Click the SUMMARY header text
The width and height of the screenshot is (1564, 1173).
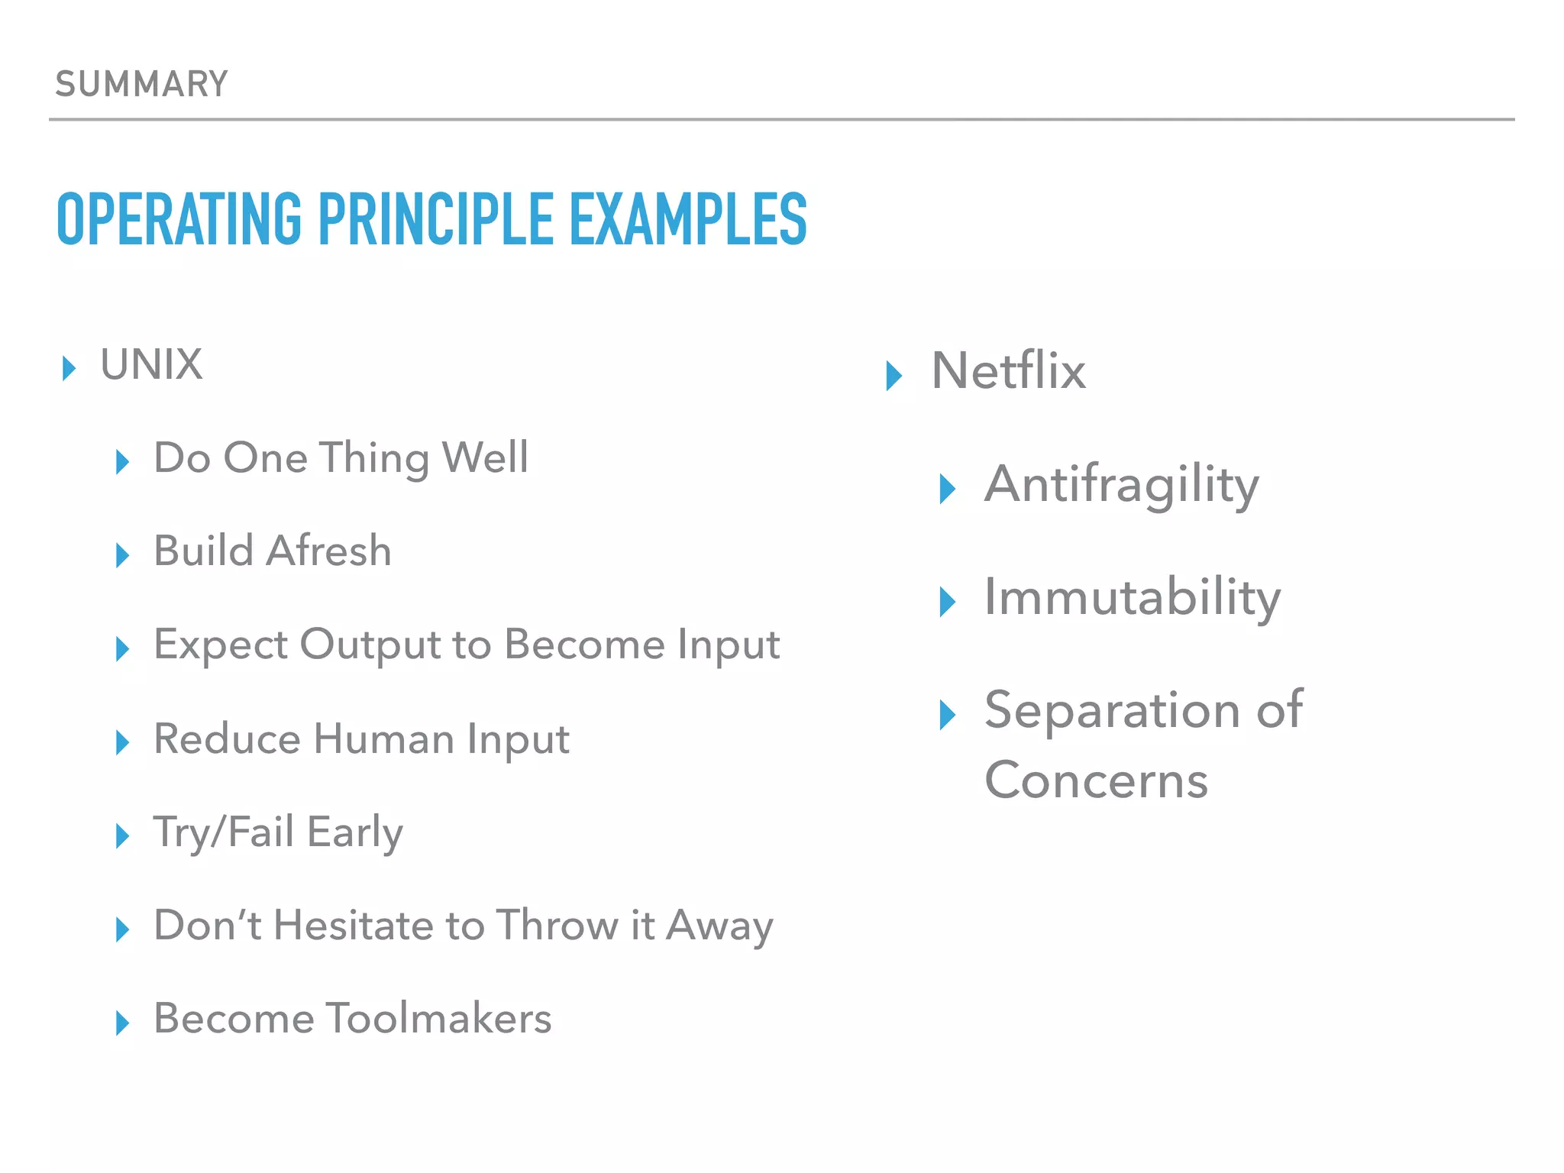coord(141,84)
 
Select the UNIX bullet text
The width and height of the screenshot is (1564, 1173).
coord(151,364)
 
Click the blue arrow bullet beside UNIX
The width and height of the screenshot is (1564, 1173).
coord(69,368)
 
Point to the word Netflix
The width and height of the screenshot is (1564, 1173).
coord(1008,371)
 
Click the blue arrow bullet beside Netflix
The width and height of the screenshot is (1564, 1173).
coord(893,375)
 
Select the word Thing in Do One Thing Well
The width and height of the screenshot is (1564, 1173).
coord(374,458)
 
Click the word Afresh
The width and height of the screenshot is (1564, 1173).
coord(328,551)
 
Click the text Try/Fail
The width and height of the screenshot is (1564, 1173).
coord(223,832)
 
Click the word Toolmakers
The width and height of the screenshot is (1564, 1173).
coord(438,1019)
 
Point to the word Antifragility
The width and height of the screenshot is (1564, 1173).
coord(1121,486)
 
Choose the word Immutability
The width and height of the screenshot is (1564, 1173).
coord(1132,597)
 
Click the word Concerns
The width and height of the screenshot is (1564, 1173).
coord(1096,780)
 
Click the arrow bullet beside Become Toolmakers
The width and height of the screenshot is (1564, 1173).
coord(122,1023)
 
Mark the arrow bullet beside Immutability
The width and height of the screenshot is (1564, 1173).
coord(946,602)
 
